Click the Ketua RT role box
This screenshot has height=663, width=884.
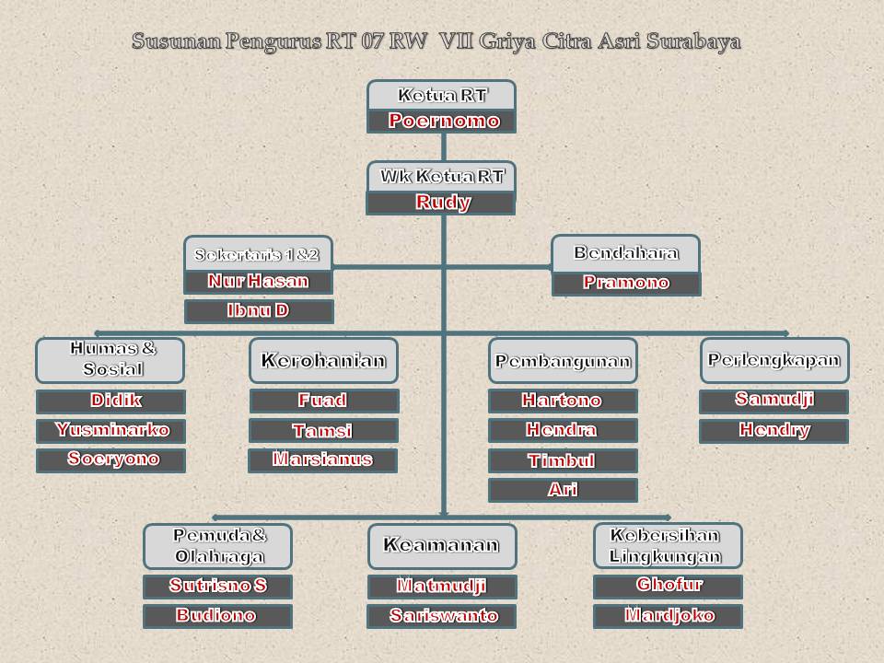441,95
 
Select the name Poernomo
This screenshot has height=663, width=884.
441,121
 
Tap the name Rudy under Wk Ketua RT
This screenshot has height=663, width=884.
441,203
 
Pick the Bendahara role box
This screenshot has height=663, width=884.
625,253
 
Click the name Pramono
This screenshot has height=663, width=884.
625,283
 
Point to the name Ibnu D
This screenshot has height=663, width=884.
259,310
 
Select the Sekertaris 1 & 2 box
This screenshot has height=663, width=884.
258,254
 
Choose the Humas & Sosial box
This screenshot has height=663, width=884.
110,359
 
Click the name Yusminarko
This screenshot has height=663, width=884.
110,430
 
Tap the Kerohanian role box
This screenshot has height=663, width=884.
323,360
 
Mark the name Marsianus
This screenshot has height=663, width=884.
323,459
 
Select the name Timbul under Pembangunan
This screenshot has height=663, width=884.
562,460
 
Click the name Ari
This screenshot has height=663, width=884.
562,489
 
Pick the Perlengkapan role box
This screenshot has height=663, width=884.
773,360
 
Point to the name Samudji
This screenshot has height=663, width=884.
773,400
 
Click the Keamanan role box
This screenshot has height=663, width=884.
441,545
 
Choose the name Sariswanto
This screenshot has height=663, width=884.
442,615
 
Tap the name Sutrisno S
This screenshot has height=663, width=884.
217,586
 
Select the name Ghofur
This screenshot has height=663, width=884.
668,585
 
